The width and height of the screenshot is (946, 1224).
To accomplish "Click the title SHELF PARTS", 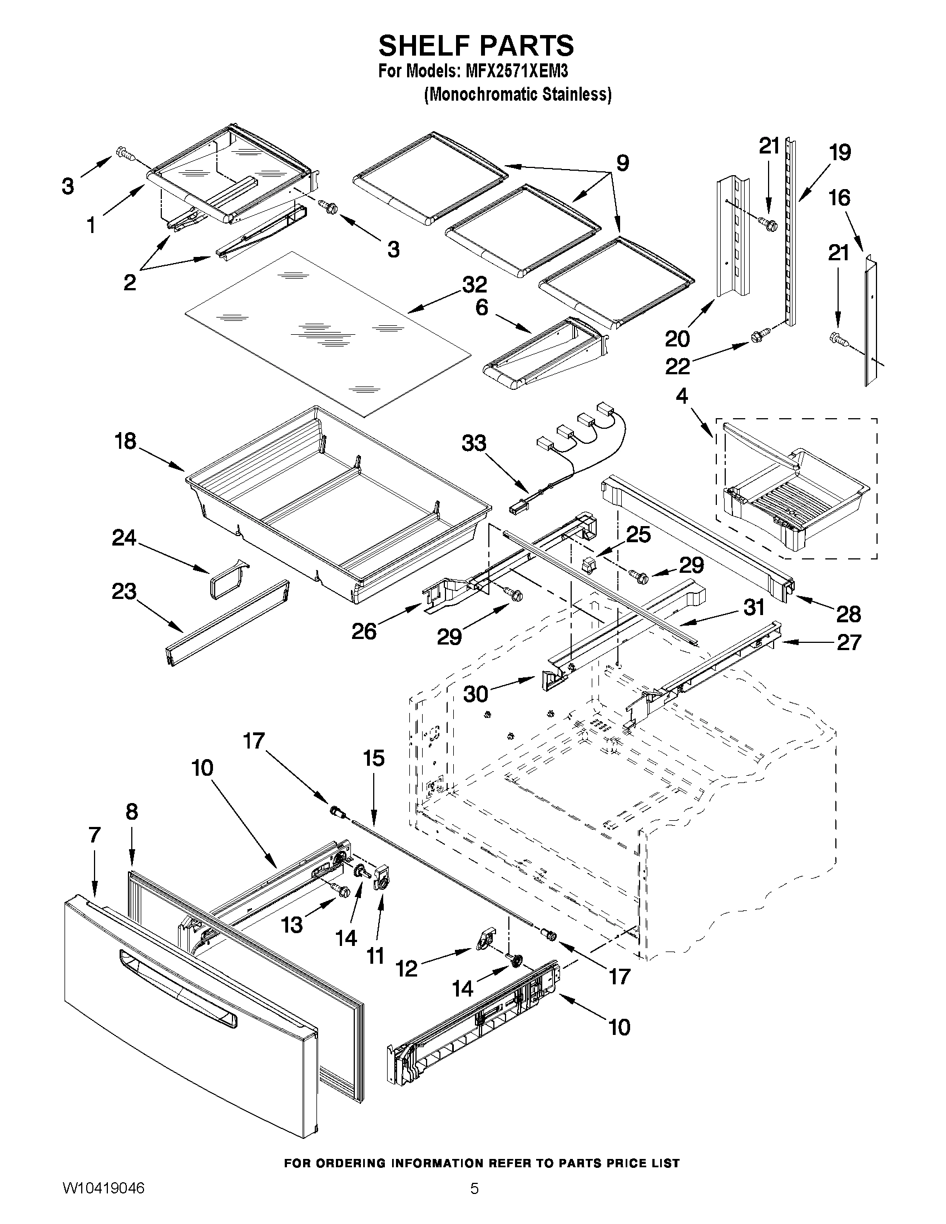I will pos(476,46).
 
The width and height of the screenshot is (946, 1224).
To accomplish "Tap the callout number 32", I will pos(474,285).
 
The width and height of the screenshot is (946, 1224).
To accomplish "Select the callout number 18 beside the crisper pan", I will pos(125,441).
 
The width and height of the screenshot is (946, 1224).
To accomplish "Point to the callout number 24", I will pos(124,538).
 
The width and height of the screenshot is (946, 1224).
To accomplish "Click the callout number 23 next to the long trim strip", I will pos(124,591).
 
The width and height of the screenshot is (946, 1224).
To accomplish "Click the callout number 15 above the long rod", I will pos(374,759).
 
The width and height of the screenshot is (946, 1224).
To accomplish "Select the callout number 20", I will pos(677,339).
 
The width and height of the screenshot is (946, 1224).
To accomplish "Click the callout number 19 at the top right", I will pos(840,152).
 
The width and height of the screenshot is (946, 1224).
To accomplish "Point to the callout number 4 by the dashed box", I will pos(681,397).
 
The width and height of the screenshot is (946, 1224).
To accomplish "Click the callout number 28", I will pos(848,615).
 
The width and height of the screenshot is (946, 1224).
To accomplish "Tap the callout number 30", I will pos(476,695).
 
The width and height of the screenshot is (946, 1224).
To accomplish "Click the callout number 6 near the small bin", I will pos(482,307).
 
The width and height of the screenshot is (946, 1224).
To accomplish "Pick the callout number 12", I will pos(407,969).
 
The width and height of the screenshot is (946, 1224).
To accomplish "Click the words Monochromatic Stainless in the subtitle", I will pos(517,95).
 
